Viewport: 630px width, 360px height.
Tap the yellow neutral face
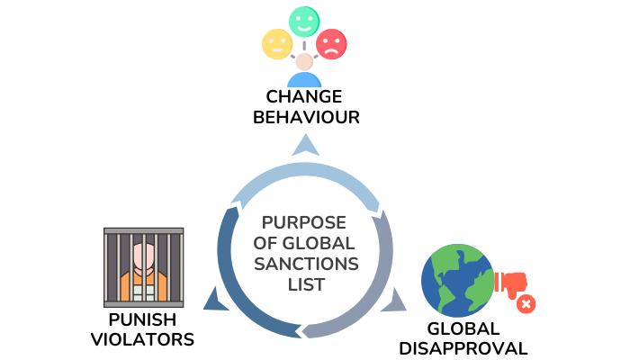click(x=275, y=43)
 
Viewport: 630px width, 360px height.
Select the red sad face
click(x=332, y=43)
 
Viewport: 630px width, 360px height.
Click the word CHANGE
click(x=305, y=96)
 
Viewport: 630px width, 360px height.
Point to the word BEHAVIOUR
click(x=305, y=117)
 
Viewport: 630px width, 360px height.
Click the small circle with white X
click(x=526, y=304)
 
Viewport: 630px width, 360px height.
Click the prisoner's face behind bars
click(x=145, y=255)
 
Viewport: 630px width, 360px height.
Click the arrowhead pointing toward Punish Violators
click(x=214, y=299)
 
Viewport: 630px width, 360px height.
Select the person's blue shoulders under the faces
click(x=304, y=80)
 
